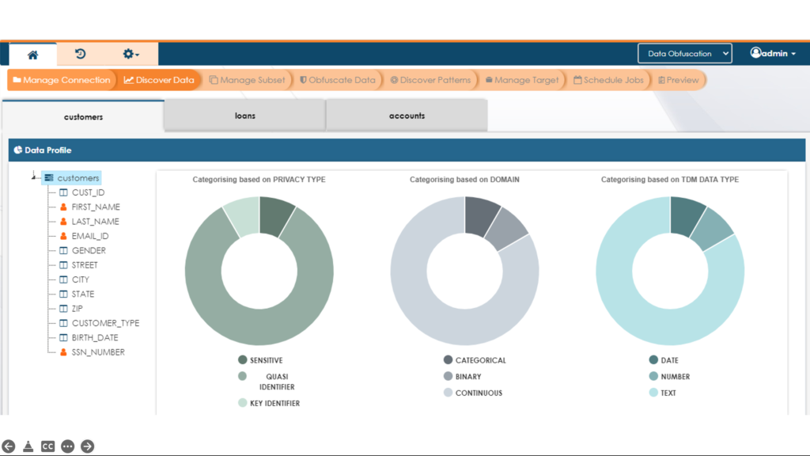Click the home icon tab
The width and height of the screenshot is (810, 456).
[32, 55]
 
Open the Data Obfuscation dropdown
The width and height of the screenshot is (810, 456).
[684, 54]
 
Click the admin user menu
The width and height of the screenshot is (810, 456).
[773, 54]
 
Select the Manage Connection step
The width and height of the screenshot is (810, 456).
[62, 80]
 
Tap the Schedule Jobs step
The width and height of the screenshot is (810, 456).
[608, 80]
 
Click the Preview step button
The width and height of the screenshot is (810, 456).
[678, 80]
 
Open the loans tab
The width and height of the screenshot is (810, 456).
[244, 116]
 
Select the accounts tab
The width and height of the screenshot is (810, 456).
[407, 116]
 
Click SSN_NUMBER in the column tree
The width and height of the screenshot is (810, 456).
[97, 352]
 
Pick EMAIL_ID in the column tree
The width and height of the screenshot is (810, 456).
[89, 236]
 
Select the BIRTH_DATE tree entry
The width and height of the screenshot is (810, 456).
[94, 337]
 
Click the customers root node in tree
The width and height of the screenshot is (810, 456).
[78, 178]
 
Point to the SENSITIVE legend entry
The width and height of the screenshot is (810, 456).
[266, 360]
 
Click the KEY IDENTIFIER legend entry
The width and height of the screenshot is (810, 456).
[274, 403]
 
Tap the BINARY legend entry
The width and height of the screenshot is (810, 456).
[467, 377]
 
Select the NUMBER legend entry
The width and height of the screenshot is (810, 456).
[675, 377]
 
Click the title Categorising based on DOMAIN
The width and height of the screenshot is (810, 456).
[464, 180]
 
